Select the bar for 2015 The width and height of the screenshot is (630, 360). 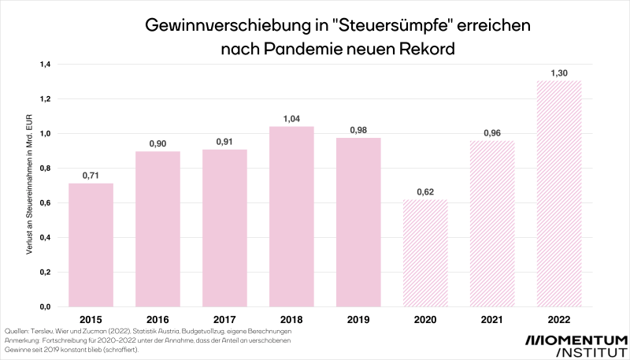91,244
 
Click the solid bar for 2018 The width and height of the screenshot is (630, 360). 291,216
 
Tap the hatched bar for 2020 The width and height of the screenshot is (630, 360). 425,252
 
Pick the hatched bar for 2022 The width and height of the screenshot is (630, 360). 559,193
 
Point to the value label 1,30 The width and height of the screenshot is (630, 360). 559,72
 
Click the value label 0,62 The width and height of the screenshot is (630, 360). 425,191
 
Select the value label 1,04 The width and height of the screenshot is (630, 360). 291,118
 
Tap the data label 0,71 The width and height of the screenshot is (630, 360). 91,175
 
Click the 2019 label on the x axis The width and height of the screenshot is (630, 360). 358,320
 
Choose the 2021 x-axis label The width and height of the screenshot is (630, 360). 492,320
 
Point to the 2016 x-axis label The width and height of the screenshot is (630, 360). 157,320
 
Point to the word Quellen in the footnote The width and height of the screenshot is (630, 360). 17,332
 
